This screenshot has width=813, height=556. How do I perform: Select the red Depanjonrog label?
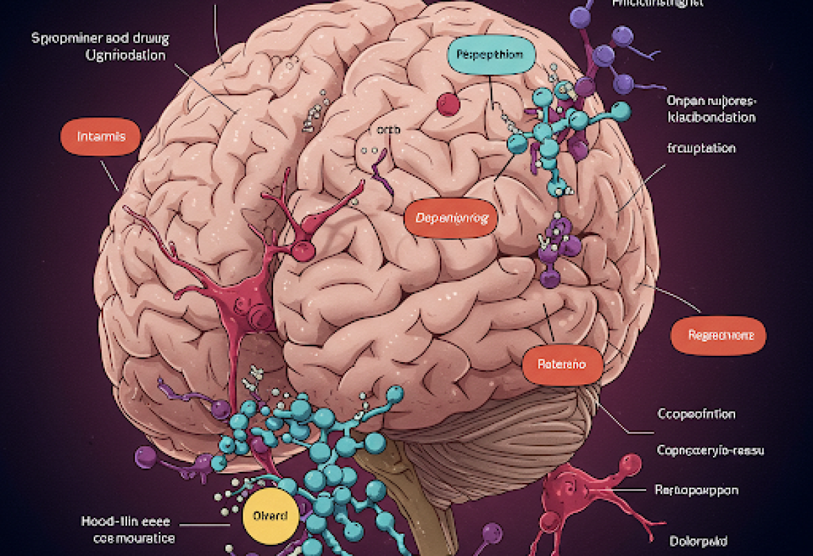[x=452, y=218]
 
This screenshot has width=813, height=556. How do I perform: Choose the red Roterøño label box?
[x=562, y=363]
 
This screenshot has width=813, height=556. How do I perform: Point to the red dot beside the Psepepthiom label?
[x=448, y=104]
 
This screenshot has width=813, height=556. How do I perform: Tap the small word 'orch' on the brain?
[x=384, y=129]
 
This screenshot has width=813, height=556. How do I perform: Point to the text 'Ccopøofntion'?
[x=696, y=414]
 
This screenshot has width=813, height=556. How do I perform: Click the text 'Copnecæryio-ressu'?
[x=710, y=450]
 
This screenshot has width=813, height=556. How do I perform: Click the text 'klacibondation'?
[x=711, y=117]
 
